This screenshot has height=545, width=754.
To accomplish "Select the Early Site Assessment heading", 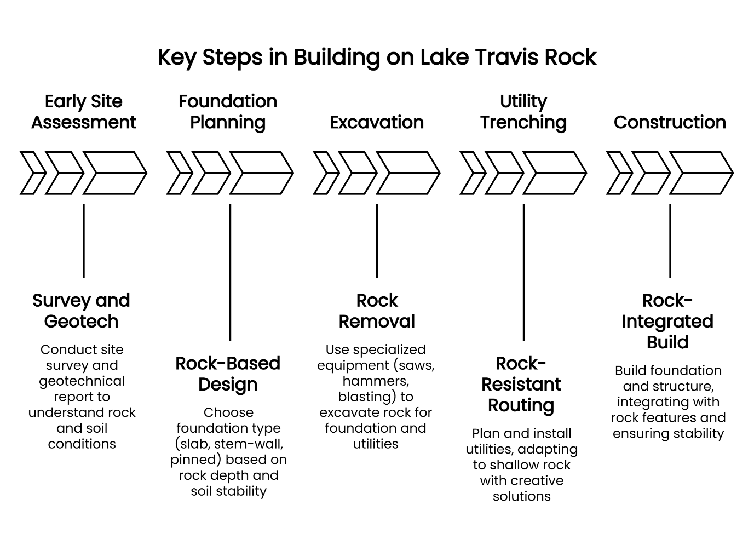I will pos(84,112).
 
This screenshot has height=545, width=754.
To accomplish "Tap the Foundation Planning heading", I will pos(228,112).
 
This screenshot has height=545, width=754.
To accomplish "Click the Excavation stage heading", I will pos(377,122).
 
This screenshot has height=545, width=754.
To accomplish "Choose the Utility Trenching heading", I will pos(523,112).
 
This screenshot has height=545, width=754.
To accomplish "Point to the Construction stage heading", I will pos(670,122).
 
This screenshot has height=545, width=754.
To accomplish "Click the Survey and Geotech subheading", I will pos(81,311).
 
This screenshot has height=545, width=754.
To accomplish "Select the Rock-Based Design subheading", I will pos(228,374).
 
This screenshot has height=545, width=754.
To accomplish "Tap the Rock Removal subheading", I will pos(377,311).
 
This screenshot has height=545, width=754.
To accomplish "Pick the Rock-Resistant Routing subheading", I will pos(521,384).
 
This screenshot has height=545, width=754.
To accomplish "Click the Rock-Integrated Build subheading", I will pos(667,321).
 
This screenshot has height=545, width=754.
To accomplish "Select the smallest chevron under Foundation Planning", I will pos(179,173).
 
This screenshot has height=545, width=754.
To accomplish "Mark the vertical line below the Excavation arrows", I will pos(377,241).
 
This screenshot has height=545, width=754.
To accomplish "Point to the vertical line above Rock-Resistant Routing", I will pos(523,272).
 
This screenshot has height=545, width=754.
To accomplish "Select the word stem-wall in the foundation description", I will pos(252,444).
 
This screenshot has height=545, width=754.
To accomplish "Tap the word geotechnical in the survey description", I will pos(82,381).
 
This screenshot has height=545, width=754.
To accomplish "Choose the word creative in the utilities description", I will pos(536,480).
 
